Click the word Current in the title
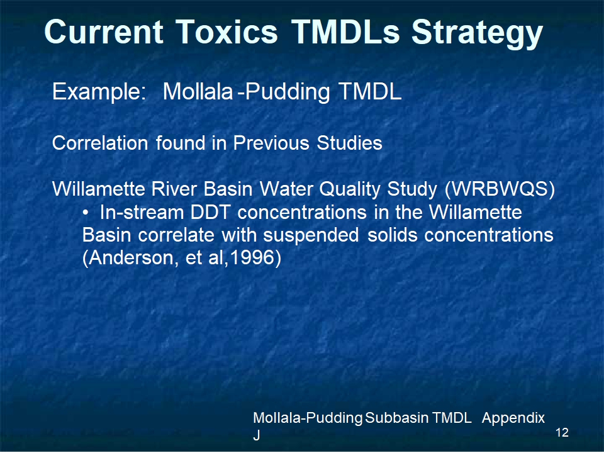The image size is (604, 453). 104,31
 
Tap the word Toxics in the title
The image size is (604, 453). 227,31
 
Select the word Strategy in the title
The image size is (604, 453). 478,34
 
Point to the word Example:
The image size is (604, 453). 99,92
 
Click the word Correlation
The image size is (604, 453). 100,143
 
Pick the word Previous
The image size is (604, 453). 271,143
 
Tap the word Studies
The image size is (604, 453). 349,143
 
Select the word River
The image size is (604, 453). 174,189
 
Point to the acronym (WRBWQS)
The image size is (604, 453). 500,189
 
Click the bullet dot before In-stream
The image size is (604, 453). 86,213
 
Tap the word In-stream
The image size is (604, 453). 142,212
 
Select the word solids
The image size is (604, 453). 392,235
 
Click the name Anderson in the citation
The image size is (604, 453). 130,258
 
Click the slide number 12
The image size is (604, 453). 562,433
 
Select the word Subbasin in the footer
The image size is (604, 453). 396,418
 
